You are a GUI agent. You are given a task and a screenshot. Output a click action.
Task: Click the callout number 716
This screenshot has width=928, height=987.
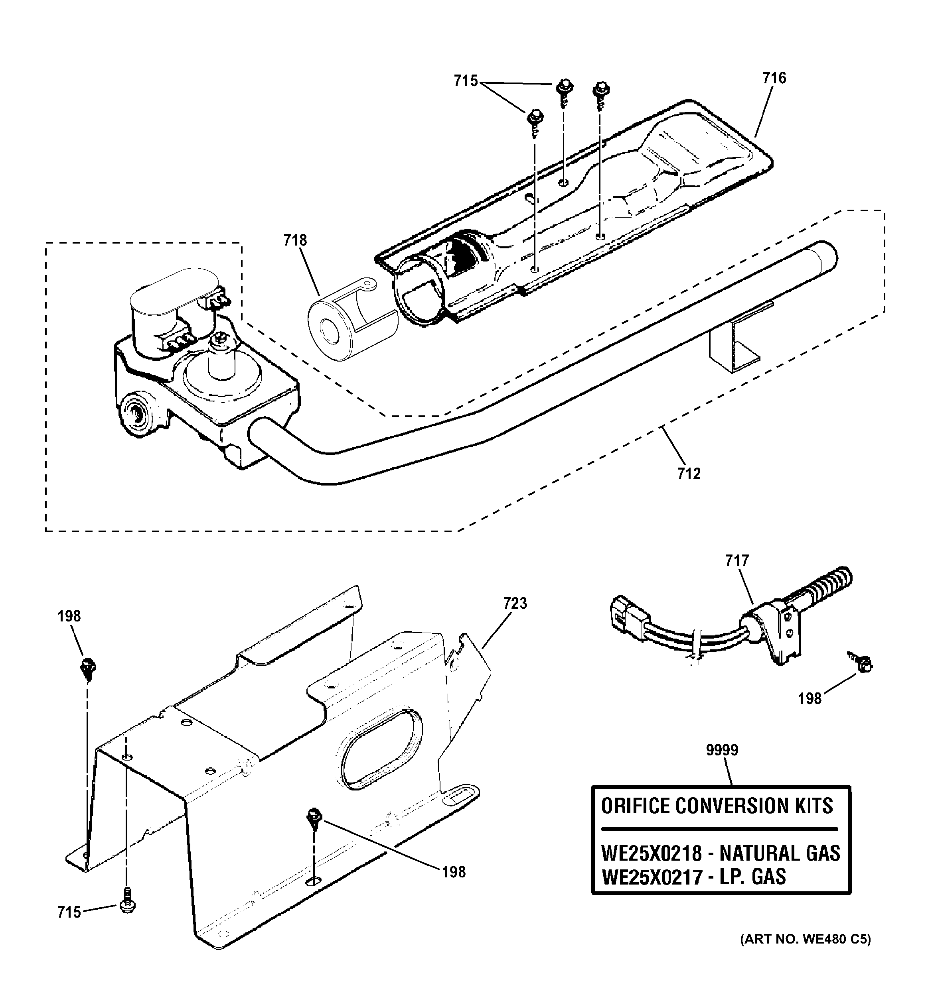[x=774, y=79]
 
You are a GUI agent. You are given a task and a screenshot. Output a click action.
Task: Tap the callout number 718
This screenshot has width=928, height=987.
[x=295, y=240]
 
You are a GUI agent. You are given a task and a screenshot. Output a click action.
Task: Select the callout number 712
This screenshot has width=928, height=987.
[x=689, y=474]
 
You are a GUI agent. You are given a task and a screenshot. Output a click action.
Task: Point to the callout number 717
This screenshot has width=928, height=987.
[x=737, y=560]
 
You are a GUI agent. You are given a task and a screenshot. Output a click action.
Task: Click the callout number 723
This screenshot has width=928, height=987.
[x=515, y=603]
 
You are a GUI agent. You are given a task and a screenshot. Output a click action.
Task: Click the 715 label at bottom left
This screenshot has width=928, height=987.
[x=69, y=912]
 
